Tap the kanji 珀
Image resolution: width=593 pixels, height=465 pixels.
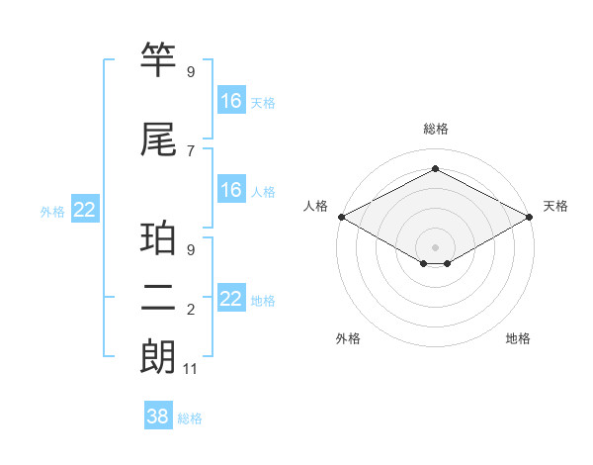[x=158, y=238]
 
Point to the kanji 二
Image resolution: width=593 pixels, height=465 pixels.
[x=158, y=298]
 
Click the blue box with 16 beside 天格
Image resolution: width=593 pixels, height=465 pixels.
[x=231, y=101]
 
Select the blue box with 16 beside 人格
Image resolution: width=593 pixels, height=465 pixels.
[x=231, y=190]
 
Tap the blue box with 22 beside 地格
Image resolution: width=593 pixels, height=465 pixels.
[x=231, y=299]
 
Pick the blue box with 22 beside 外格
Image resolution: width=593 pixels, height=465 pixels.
[x=85, y=210]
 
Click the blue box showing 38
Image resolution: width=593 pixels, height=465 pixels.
[x=158, y=417]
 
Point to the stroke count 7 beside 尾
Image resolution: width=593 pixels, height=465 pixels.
[x=191, y=150]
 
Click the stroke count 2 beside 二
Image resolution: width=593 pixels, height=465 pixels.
[x=191, y=310]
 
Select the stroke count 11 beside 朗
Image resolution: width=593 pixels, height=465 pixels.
[x=191, y=369]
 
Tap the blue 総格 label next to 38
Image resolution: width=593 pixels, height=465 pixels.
[x=191, y=418]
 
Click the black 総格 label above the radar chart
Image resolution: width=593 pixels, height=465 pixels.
[x=435, y=129]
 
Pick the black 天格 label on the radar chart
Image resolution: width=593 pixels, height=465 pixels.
[x=556, y=206]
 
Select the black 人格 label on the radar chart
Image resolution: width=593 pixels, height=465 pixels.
[x=315, y=206]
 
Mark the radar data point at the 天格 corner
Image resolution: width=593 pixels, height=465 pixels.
[x=530, y=216]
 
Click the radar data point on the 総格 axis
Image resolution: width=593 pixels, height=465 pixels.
[x=435, y=169]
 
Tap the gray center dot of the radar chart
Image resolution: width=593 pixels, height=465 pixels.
[x=435, y=246]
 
